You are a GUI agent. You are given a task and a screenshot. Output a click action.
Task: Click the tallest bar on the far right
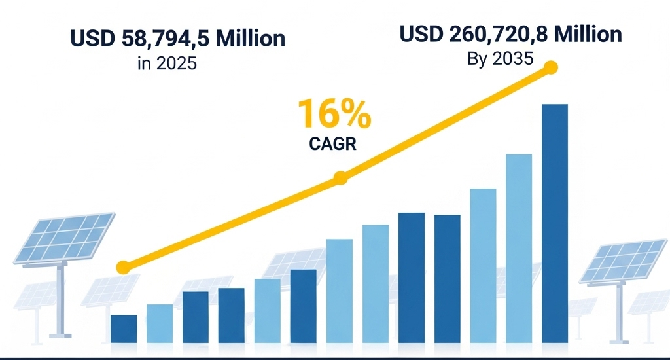point(555,223)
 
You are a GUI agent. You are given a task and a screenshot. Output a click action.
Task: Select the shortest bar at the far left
point(124,329)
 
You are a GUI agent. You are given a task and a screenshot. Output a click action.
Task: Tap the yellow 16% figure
point(334,114)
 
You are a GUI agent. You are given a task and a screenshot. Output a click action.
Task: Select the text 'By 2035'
point(501,59)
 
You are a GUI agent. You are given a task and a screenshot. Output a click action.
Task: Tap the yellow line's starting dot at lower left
point(122,267)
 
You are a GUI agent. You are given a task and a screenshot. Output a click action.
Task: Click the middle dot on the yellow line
point(340,177)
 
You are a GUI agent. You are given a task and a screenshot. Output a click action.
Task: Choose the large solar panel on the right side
point(623,260)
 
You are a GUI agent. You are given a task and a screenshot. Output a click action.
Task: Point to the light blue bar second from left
point(160,323)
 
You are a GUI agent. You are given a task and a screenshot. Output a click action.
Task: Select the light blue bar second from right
point(519,248)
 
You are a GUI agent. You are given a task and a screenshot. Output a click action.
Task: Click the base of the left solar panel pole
point(60,335)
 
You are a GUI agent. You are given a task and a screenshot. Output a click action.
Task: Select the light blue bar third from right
point(483,265)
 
